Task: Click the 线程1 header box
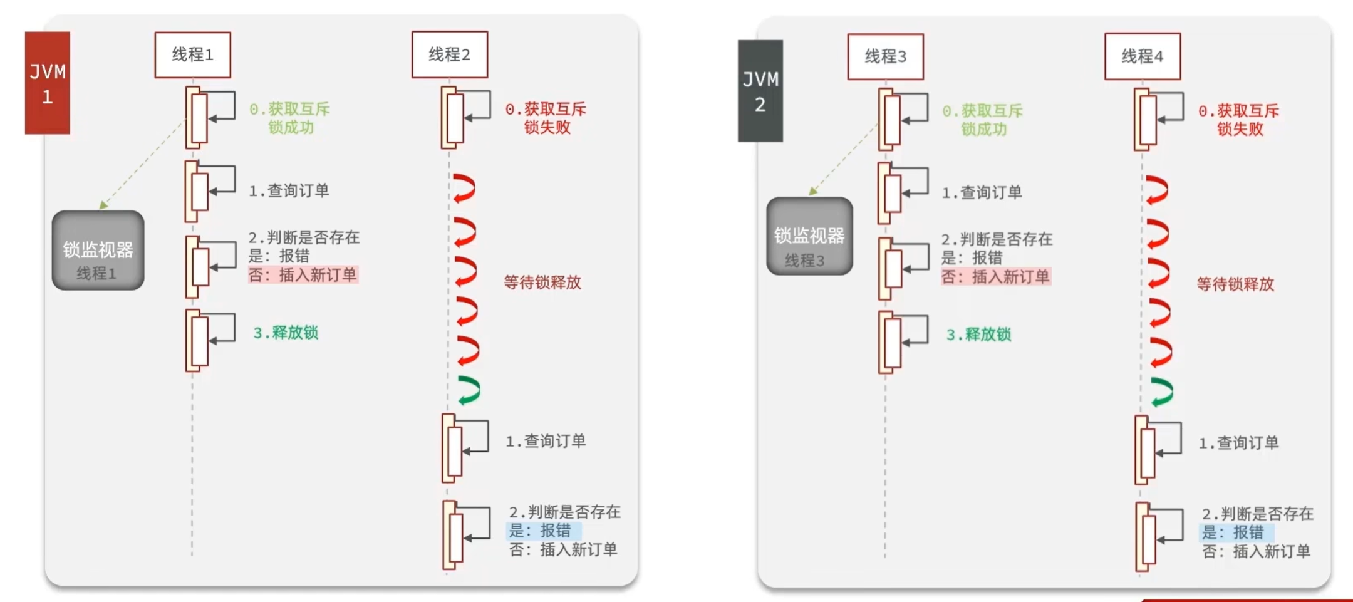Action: [192, 55]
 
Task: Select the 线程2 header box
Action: [449, 55]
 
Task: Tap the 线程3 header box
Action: [885, 57]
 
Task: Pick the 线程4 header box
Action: [1142, 57]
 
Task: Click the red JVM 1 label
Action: [48, 83]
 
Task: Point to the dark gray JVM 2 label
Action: [760, 91]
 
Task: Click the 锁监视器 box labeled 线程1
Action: [98, 251]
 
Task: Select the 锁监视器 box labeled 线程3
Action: [809, 236]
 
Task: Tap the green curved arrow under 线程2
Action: [469, 390]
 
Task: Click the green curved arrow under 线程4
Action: [1162, 392]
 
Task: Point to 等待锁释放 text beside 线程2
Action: [542, 283]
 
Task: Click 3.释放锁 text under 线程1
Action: [286, 333]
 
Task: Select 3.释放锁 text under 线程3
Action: [978, 335]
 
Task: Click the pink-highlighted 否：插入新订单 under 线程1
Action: [303, 274]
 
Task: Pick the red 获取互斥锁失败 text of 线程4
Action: [1238, 120]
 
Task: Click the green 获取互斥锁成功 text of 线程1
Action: [290, 118]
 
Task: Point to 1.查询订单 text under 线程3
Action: [982, 192]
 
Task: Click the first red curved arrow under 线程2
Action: [465, 188]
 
